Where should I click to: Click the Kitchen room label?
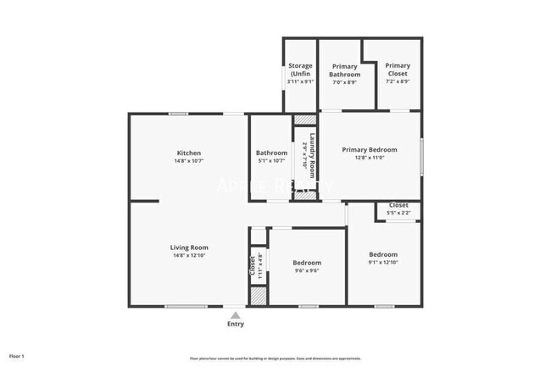click(x=188, y=153)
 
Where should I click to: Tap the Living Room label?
click(x=188, y=247)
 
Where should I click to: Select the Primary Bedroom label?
click(x=370, y=149)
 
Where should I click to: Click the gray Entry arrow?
click(x=236, y=314)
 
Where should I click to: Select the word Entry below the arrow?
click(x=236, y=324)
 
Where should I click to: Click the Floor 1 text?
click(x=17, y=356)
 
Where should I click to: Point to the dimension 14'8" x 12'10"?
click(x=188, y=255)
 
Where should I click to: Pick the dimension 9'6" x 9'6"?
click(x=307, y=271)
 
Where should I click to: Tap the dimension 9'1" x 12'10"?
click(x=383, y=262)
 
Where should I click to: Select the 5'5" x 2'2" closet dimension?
click(x=398, y=213)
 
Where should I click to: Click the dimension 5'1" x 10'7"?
click(x=272, y=161)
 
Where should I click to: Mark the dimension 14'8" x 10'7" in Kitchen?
click(x=188, y=161)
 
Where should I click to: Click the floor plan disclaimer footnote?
click(x=275, y=357)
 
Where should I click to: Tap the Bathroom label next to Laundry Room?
click(x=272, y=153)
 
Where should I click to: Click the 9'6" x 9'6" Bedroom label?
click(x=307, y=263)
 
